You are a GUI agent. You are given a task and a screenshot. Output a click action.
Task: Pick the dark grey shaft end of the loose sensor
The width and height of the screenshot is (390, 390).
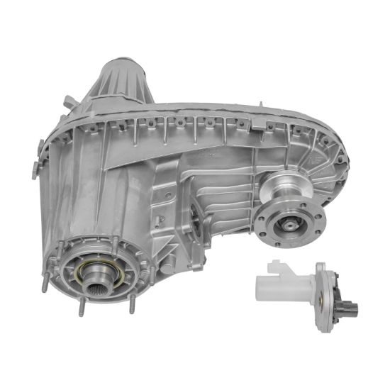[x=349, y=309]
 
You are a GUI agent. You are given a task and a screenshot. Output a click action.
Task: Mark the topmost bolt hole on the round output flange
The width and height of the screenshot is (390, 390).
[x=292, y=203]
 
